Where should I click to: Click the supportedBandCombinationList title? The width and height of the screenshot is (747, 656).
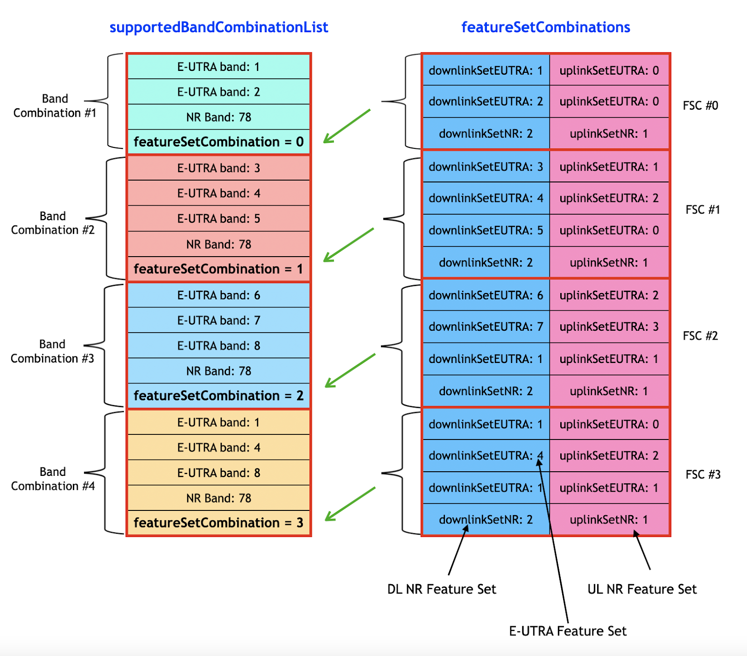pos(218,27)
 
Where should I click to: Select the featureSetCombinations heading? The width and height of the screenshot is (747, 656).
pos(545,27)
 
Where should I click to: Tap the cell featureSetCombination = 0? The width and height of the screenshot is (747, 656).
pos(218,142)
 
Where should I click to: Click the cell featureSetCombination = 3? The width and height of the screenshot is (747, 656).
pos(218,523)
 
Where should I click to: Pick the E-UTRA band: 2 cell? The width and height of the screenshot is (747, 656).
pos(218,92)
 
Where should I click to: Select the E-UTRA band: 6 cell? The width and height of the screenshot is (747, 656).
pos(218,295)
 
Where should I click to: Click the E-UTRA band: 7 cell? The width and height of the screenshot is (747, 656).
pos(218,321)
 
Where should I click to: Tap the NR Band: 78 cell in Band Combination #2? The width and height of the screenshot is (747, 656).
pos(218,244)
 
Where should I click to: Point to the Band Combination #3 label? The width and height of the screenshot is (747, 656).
pos(52,351)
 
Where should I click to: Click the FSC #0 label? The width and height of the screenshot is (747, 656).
pos(700,105)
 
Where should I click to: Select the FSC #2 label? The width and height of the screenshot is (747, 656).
pos(700,336)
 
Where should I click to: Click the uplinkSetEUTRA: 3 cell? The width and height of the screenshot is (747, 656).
pos(609,327)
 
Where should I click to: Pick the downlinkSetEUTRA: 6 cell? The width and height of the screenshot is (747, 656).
pos(486,295)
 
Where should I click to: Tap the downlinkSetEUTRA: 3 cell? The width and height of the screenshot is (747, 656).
pos(486,167)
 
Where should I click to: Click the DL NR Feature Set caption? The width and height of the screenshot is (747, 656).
pos(442,589)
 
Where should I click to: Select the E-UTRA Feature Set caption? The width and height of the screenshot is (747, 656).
pos(567,631)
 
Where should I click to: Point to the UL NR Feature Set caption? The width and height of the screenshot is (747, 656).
pos(642,589)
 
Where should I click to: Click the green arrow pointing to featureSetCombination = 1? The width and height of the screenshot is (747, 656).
pos(348,245)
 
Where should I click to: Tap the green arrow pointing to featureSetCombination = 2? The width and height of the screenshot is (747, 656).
pos(350,370)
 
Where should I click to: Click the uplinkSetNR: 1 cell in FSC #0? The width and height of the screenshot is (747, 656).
pos(609,134)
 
